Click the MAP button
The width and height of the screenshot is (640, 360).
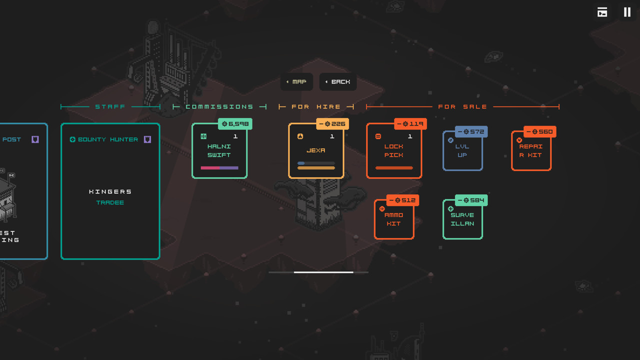point(296,82)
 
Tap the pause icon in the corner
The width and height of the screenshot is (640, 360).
point(627,12)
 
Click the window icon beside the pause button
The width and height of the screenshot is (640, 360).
point(602,12)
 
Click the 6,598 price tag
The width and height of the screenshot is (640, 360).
point(235,124)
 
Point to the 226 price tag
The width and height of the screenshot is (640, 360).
point(332,124)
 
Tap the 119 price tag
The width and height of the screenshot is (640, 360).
point(410,124)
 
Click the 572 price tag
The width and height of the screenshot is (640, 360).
point(471,132)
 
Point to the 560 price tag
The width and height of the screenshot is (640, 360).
point(540,132)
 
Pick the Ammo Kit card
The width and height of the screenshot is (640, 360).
point(394,219)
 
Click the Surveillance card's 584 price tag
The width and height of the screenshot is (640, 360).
point(471,200)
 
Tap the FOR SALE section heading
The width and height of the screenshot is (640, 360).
point(462,107)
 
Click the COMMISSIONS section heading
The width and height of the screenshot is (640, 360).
point(219,107)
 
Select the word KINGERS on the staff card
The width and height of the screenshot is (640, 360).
point(110,192)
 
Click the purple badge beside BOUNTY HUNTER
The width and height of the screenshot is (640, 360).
point(147,139)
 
